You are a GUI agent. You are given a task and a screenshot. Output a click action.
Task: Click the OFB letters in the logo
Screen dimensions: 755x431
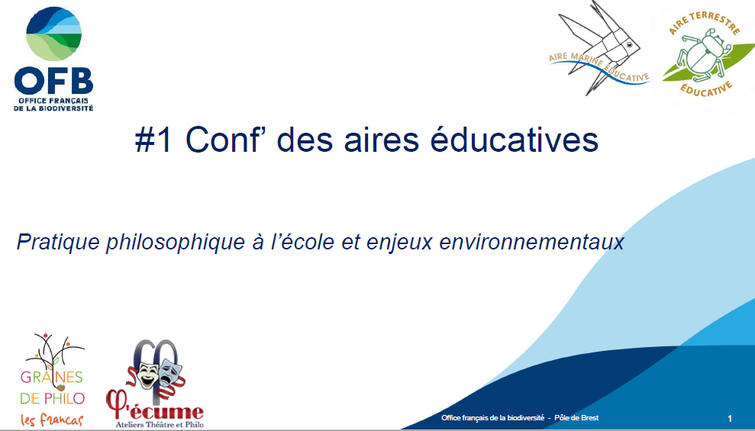[x=53, y=81]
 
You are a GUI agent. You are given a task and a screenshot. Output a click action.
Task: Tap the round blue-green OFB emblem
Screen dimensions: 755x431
[x=53, y=34]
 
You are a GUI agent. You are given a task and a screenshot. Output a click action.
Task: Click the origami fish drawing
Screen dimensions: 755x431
[x=599, y=47]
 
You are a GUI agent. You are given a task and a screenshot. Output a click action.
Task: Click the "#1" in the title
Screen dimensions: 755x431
[x=153, y=140]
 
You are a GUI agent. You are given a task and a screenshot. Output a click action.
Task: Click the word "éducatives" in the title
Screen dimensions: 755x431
[x=514, y=140]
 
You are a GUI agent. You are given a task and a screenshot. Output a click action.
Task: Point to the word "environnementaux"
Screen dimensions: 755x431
[x=531, y=242]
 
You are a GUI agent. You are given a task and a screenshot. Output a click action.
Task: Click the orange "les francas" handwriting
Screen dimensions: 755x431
[x=52, y=420]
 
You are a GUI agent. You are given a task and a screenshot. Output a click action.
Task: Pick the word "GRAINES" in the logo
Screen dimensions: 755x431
[x=51, y=377]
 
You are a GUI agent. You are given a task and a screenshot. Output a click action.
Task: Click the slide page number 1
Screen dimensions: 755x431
[x=730, y=419]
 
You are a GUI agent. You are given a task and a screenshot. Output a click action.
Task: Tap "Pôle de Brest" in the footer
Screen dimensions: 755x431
[x=576, y=417]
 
